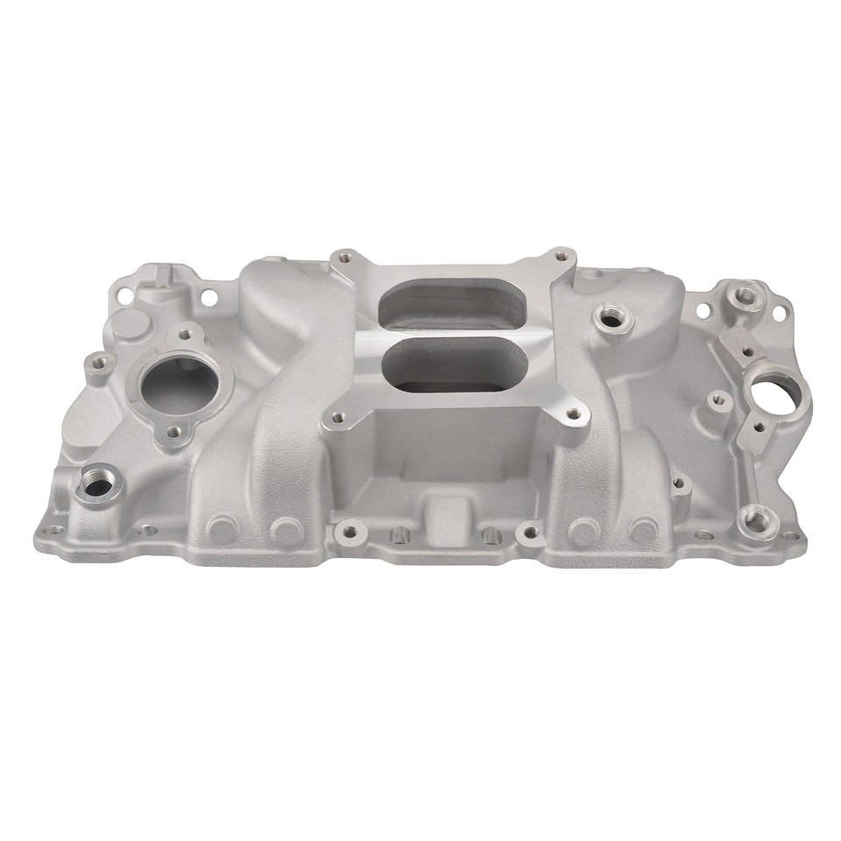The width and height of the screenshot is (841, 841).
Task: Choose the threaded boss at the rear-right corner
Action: click(x=745, y=295)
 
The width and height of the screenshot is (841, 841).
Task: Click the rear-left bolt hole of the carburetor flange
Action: click(x=345, y=258)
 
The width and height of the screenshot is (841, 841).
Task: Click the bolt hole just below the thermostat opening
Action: click(x=173, y=432)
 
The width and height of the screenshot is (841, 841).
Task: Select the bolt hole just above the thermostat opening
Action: click(x=187, y=334)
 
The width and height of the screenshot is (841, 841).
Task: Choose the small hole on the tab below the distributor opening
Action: click(x=759, y=428)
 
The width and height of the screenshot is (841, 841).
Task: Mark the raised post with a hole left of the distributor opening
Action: click(x=718, y=399)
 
